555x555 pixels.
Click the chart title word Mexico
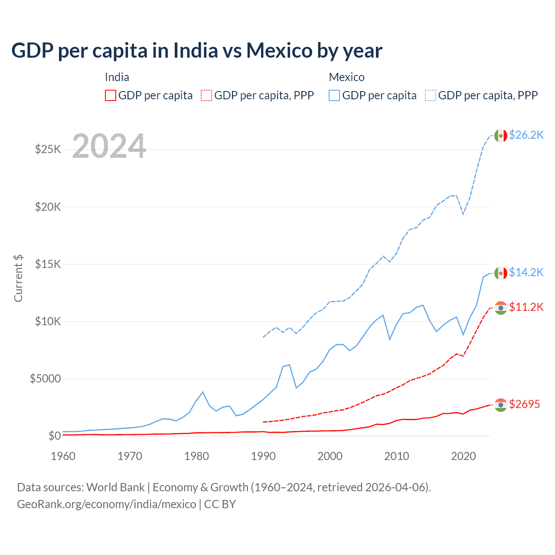(x=279, y=50)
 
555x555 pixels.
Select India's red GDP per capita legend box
(x=111, y=95)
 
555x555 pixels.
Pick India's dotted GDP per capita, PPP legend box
(x=207, y=95)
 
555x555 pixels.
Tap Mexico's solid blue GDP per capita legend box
(x=334, y=95)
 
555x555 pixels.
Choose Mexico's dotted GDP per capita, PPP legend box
(x=431, y=95)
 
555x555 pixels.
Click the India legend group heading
(x=117, y=77)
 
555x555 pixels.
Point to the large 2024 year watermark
(x=109, y=146)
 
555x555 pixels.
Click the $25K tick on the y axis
(x=48, y=150)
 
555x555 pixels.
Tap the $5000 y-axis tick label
(x=45, y=379)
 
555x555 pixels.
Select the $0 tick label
(x=54, y=436)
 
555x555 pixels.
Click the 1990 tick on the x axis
(x=263, y=456)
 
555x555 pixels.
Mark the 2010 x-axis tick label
(x=397, y=456)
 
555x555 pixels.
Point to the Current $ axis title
(x=18, y=278)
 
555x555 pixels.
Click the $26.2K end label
(x=526, y=135)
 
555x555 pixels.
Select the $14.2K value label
(x=526, y=272)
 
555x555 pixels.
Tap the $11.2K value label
(x=526, y=307)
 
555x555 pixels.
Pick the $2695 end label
(x=524, y=404)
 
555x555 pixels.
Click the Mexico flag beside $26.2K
(x=501, y=135)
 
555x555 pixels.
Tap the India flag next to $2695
(x=501, y=405)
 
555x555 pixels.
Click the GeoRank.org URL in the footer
(x=106, y=504)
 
